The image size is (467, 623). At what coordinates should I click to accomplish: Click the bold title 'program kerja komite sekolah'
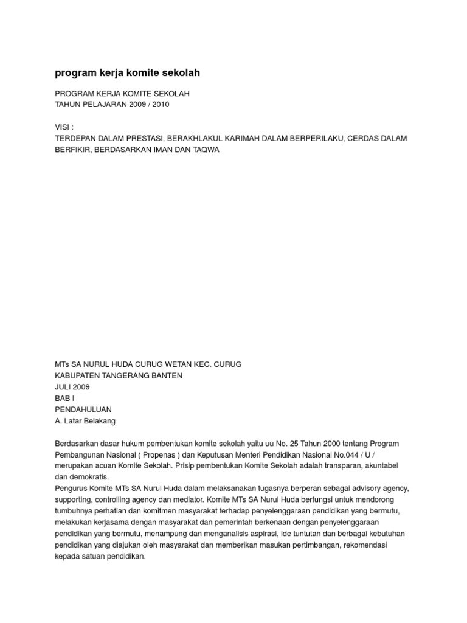coord(127,73)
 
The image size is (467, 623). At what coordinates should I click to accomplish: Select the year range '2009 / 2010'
coord(148,104)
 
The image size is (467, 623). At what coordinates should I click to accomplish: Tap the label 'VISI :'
coord(64,127)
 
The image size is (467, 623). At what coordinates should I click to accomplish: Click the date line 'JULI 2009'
coord(72,386)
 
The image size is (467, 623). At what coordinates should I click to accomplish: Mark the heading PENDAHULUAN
coord(83,409)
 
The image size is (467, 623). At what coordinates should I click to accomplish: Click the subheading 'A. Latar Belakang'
coord(85,420)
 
